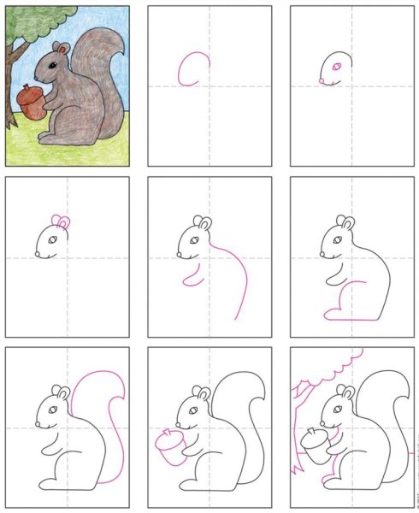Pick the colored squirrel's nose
(39, 76)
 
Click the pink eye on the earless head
(335, 66)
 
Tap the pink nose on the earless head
(322, 80)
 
